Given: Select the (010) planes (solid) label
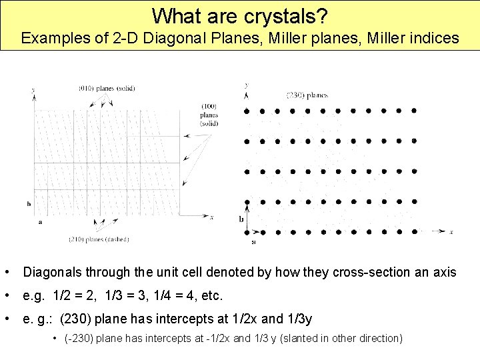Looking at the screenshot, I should click(107, 89).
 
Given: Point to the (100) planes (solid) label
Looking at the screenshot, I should click(209, 115).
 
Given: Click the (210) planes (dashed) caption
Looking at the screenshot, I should click(99, 239).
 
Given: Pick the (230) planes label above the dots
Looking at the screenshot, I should click(307, 95).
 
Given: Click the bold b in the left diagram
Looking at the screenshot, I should click(29, 203).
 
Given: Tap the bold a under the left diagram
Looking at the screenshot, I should click(41, 222).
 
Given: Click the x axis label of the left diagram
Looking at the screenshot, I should click(211, 217).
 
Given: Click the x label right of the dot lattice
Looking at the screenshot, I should click(451, 231).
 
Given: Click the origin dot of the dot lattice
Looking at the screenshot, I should click(247, 232).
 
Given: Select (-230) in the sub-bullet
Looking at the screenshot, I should click(79, 339).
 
